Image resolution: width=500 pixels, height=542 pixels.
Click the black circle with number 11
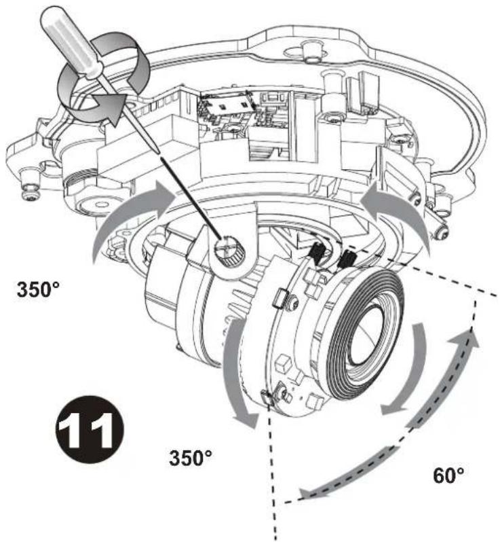pos(90,429)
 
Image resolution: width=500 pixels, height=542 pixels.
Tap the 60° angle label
pos(448,475)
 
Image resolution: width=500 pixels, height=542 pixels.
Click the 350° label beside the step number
pos(190,457)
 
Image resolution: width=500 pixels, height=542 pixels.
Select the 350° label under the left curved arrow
pos(38,289)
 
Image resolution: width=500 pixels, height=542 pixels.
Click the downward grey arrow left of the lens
pos(235,374)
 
